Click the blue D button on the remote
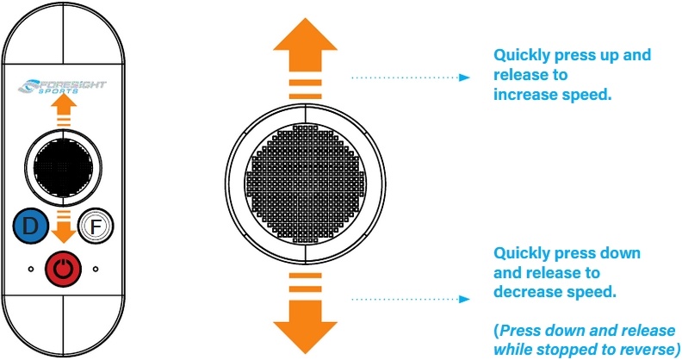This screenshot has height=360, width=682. click(30, 227)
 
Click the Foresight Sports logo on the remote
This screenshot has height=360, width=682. click(63, 87)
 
